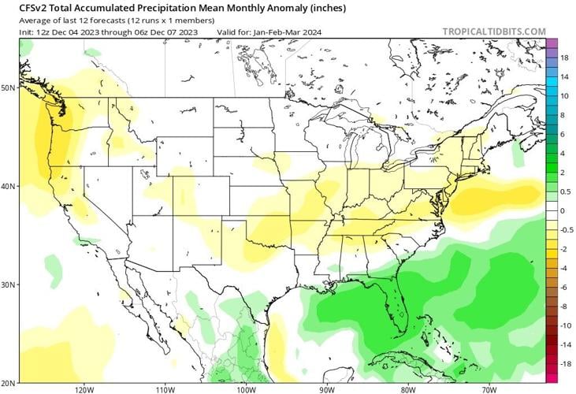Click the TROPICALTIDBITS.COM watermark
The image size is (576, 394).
[494, 32]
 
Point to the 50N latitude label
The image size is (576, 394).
[8, 88]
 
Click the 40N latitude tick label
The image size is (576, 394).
[8, 187]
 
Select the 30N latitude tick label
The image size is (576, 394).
[8, 284]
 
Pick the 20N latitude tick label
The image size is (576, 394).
[8, 382]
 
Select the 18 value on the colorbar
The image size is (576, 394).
[565, 58]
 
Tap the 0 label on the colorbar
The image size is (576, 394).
[563, 210]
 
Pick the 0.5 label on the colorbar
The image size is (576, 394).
[566, 191]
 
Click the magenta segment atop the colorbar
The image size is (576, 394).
[552, 43]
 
